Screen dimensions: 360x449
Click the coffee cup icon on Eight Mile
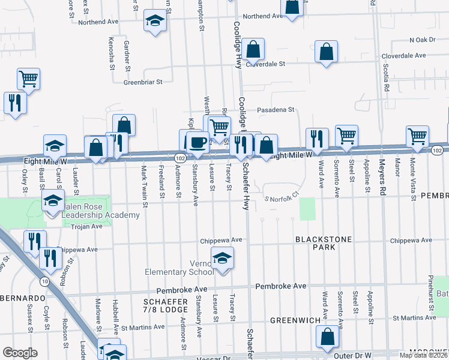[197, 142]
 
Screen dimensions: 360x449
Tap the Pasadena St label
[276, 110]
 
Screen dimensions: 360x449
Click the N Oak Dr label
[422, 40]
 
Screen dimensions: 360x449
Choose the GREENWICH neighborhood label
[294, 320]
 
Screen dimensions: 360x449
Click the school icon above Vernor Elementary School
[222, 258]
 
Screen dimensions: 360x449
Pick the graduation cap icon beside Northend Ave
[155, 21]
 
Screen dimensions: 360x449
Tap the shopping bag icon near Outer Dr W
[328, 337]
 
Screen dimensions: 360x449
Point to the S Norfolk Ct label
[281, 199]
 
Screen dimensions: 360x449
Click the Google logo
[20, 352]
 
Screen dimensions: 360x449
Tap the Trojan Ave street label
[88, 227]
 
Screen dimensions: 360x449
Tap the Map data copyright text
[423, 355]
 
